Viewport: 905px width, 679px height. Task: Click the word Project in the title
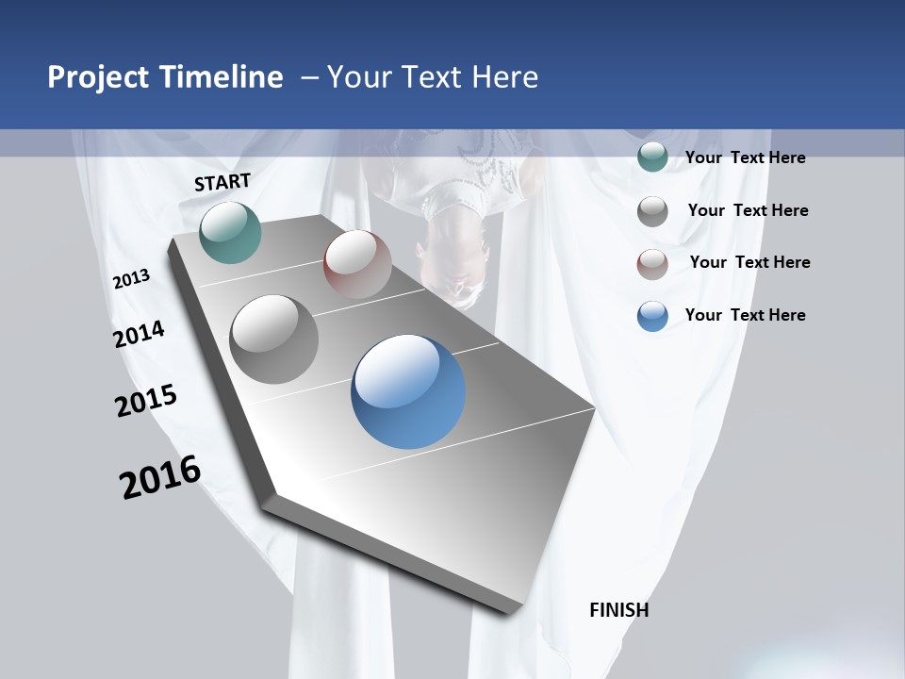[99, 78]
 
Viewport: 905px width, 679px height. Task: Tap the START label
[222, 182]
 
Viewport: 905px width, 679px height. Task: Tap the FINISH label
[618, 610]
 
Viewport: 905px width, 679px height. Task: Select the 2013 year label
[131, 279]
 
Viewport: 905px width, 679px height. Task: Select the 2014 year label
[139, 334]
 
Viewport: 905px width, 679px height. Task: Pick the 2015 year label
[146, 401]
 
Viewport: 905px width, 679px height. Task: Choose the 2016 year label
[160, 476]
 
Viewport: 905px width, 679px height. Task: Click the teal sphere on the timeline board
[230, 232]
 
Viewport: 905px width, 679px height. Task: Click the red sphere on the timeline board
[357, 264]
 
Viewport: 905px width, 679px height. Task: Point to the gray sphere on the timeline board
[274, 339]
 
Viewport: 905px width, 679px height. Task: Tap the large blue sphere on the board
[408, 391]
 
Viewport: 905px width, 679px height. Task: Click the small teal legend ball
[652, 157]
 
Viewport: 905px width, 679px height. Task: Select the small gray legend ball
[652, 211]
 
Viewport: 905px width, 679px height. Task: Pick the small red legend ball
[652, 264]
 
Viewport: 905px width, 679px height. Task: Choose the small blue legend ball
[652, 316]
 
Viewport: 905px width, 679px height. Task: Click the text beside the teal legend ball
[745, 157]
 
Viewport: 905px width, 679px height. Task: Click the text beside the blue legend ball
[745, 315]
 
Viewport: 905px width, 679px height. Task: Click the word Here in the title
[504, 77]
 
